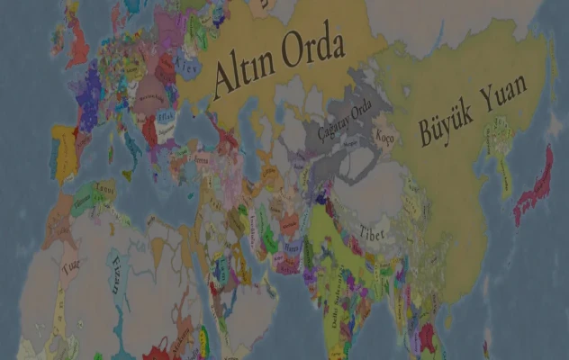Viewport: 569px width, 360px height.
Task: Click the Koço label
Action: [385, 139]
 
